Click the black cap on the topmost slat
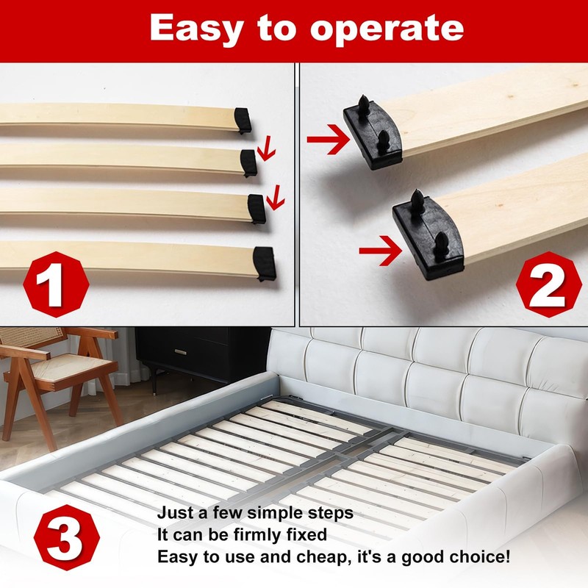243,120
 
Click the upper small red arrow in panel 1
266,151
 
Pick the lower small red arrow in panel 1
275,197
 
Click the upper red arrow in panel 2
327,140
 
